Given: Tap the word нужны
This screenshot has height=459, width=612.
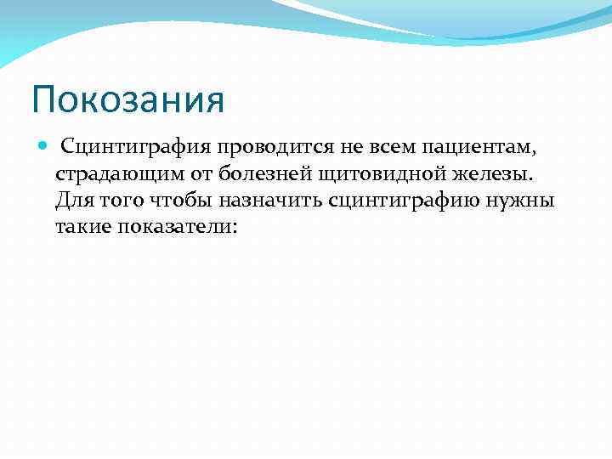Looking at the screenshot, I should (526, 201).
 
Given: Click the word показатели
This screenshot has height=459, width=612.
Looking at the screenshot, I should (178, 228).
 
